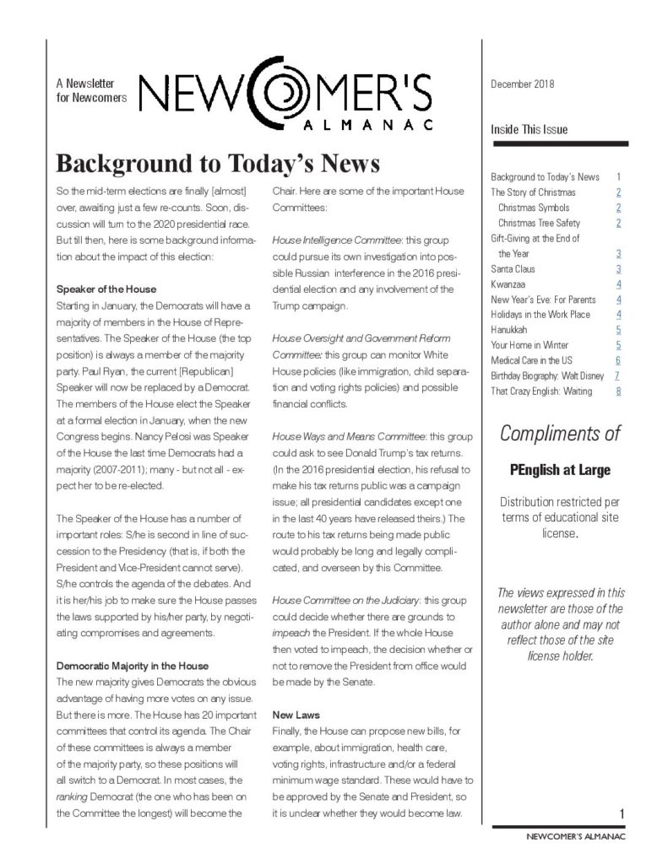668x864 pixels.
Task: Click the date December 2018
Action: point(522,84)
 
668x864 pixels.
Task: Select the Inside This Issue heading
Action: point(529,130)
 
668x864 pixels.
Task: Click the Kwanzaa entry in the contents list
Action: point(508,284)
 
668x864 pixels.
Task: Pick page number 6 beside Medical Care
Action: point(618,360)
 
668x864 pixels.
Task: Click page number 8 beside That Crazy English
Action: point(618,391)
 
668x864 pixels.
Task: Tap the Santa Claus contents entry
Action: point(513,269)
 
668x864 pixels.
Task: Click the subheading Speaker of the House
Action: point(106,289)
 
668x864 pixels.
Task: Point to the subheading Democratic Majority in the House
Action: point(132,666)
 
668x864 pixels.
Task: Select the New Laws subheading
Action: point(295,714)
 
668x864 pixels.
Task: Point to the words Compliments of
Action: point(559,435)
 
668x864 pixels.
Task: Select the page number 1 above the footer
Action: point(620,813)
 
